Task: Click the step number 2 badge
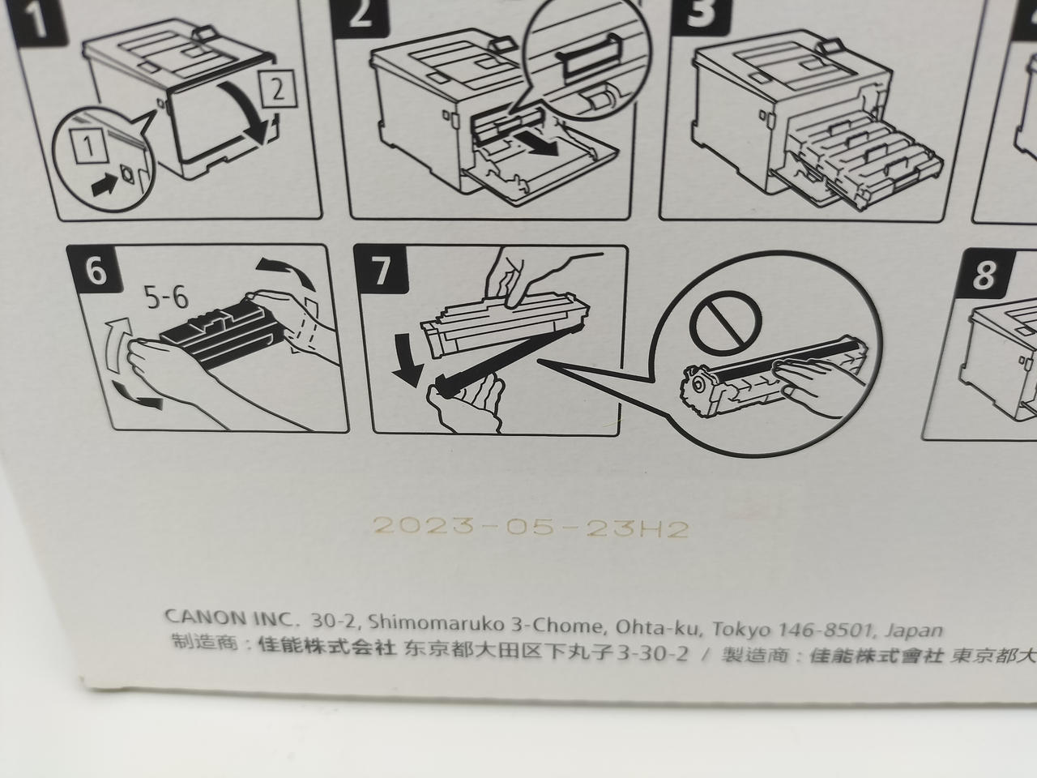tap(361, 15)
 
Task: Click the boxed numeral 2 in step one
tap(277, 88)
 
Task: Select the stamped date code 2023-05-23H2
tap(531, 528)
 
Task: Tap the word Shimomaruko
tap(437, 622)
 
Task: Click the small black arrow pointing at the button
tap(105, 184)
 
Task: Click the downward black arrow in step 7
tap(406, 358)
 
